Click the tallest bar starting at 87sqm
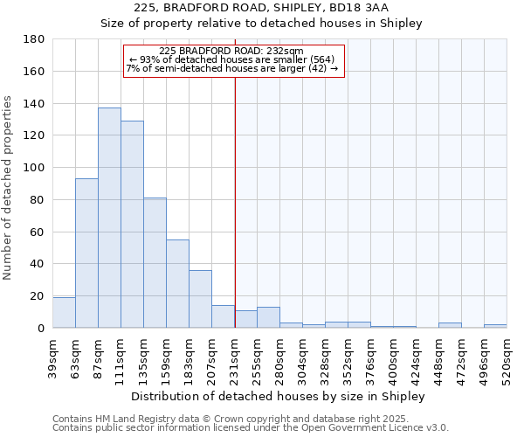coord(109,218)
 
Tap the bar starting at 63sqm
coord(86,253)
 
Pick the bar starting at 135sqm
coord(155,263)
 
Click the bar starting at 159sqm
coord(177,284)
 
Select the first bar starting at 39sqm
coord(64,313)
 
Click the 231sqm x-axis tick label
coord(234,359)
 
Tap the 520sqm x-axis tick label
coord(507,359)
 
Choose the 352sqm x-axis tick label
coord(348,359)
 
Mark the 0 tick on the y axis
coord(41,328)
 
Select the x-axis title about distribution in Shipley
coord(279,396)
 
